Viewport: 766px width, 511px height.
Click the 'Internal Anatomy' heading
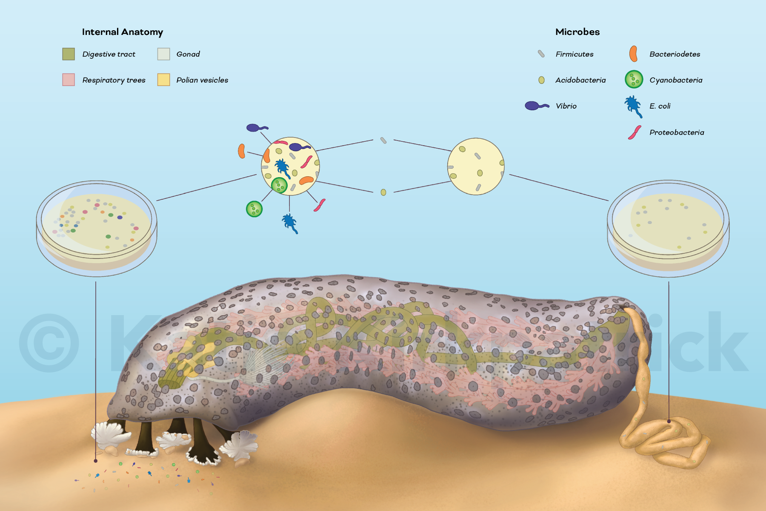pos(122,32)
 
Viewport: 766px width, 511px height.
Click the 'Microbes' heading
pos(577,32)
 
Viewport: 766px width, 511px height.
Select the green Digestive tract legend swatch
pos(69,54)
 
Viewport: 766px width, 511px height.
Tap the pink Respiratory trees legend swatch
pos(69,80)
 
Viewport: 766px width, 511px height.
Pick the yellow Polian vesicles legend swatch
pos(163,80)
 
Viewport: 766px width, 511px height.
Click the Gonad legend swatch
pos(163,54)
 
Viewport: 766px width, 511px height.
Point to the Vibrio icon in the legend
pos(536,106)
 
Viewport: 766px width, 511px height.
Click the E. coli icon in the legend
pos(633,106)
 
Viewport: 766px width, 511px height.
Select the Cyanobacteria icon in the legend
pos(634,80)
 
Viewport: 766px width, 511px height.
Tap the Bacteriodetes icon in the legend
pos(634,54)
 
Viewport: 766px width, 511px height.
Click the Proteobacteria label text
pos(677,132)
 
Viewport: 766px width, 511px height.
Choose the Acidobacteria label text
pos(580,80)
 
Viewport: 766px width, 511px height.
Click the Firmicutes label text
pos(574,54)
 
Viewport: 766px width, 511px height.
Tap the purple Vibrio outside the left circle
pos(255,128)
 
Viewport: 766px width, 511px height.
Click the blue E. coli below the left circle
pos(290,222)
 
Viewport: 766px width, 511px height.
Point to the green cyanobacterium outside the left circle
pos(254,209)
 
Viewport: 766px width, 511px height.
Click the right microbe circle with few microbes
pos(476,166)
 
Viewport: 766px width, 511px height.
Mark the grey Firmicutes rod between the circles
pos(383,140)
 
